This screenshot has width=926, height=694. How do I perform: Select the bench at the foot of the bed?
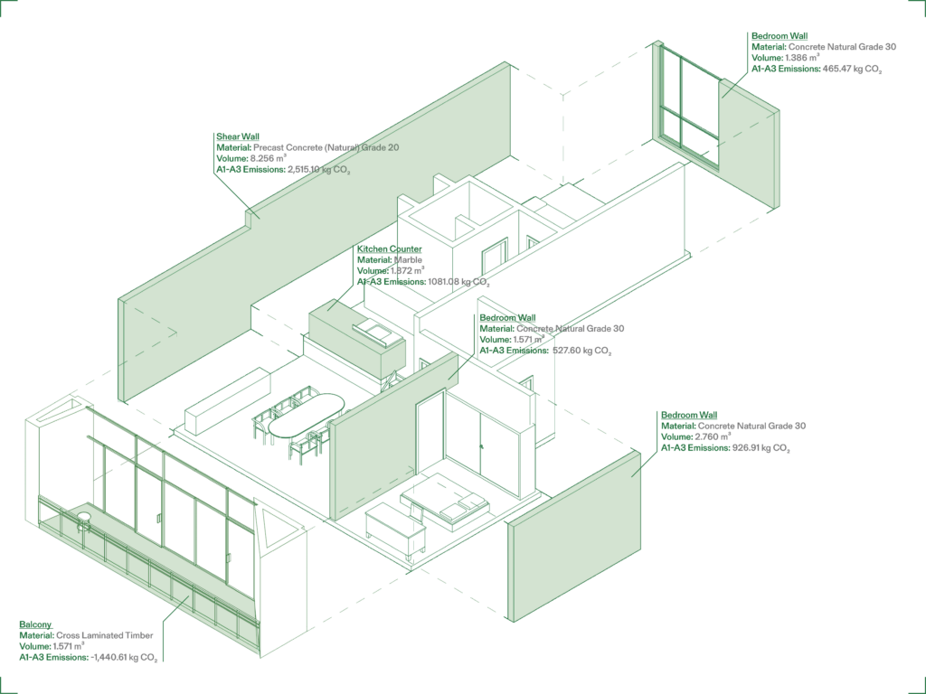[395, 528]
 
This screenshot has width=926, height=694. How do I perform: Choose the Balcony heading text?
[35, 624]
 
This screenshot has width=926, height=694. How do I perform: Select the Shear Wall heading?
[238, 136]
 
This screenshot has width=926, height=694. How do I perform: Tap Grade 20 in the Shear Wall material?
[381, 147]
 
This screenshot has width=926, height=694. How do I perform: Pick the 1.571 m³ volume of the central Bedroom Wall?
[529, 340]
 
